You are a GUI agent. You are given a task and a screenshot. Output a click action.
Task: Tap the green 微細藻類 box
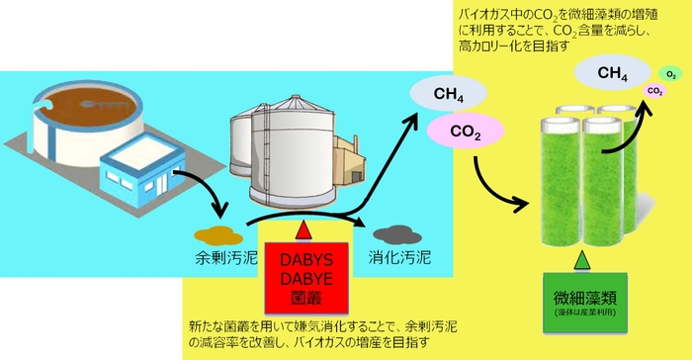(x=583, y=297)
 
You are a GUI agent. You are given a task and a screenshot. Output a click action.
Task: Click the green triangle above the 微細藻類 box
(x=582, y=260)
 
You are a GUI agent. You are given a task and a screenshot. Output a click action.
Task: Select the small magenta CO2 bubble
(x=654, y=91)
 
